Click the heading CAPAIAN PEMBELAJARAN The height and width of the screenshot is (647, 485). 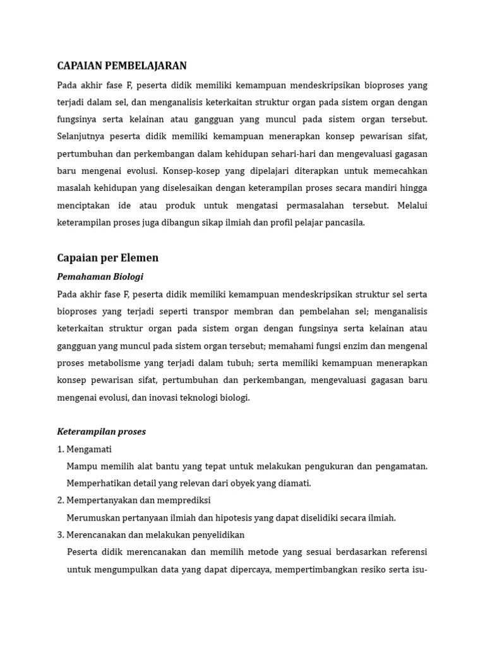[122, 66]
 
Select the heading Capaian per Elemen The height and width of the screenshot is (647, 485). [107, 258]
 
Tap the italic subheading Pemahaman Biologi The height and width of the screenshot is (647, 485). [100, 277]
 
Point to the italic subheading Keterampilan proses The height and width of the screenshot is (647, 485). [101, 432]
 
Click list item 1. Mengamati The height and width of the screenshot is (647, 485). [84, 449]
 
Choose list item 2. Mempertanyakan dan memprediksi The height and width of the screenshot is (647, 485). [133, 500]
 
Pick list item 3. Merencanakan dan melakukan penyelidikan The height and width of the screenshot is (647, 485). [150, 535]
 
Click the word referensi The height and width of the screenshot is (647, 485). [405, 552]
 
